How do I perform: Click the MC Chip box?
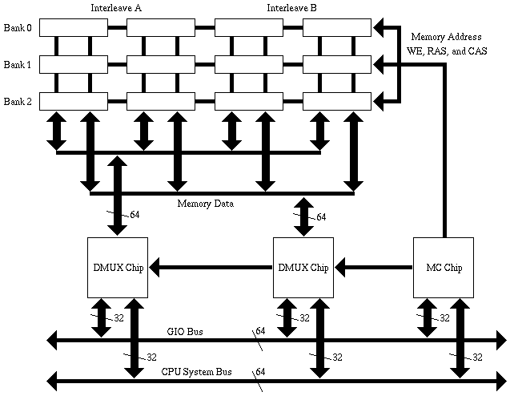443,267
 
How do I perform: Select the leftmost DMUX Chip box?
116,267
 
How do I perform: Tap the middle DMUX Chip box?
303,267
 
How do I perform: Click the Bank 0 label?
17,27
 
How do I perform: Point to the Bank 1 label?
17,64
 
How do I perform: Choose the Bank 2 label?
17,101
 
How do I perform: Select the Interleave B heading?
291,8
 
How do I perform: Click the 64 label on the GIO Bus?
260,330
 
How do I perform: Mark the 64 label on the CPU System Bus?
260,371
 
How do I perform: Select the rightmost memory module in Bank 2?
337,101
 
